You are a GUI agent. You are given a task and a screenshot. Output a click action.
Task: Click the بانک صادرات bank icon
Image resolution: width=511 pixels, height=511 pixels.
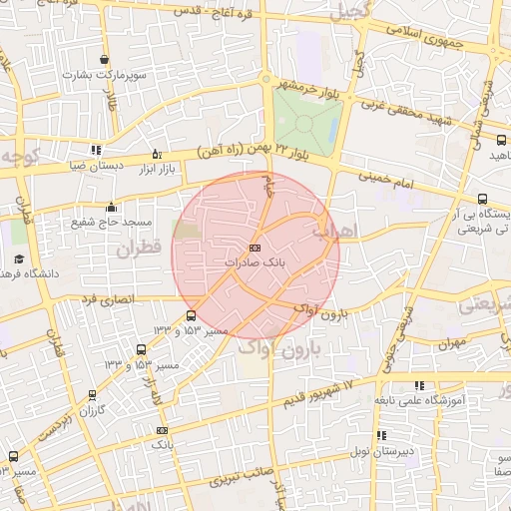[255, 247]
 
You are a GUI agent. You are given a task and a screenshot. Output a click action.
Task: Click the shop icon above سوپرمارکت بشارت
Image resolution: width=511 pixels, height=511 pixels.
[105, 60]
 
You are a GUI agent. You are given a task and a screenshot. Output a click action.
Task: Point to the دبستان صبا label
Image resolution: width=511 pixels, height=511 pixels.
[98, 167]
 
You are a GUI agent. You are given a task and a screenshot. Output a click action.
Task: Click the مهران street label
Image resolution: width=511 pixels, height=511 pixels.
[451, 342]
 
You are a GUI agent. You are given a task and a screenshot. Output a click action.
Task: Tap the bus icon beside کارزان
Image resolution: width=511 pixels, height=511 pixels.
[92, 395]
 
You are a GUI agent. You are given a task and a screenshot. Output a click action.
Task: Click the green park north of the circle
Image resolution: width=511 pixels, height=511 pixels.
[307, 120]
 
